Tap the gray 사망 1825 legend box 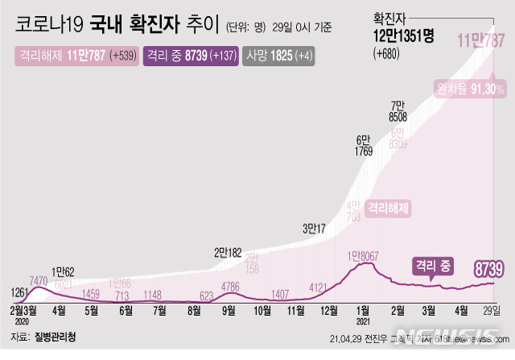pos(278,56)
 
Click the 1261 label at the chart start pos(17,291)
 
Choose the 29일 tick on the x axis pos(492,309)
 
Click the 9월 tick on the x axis pos(228,309)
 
